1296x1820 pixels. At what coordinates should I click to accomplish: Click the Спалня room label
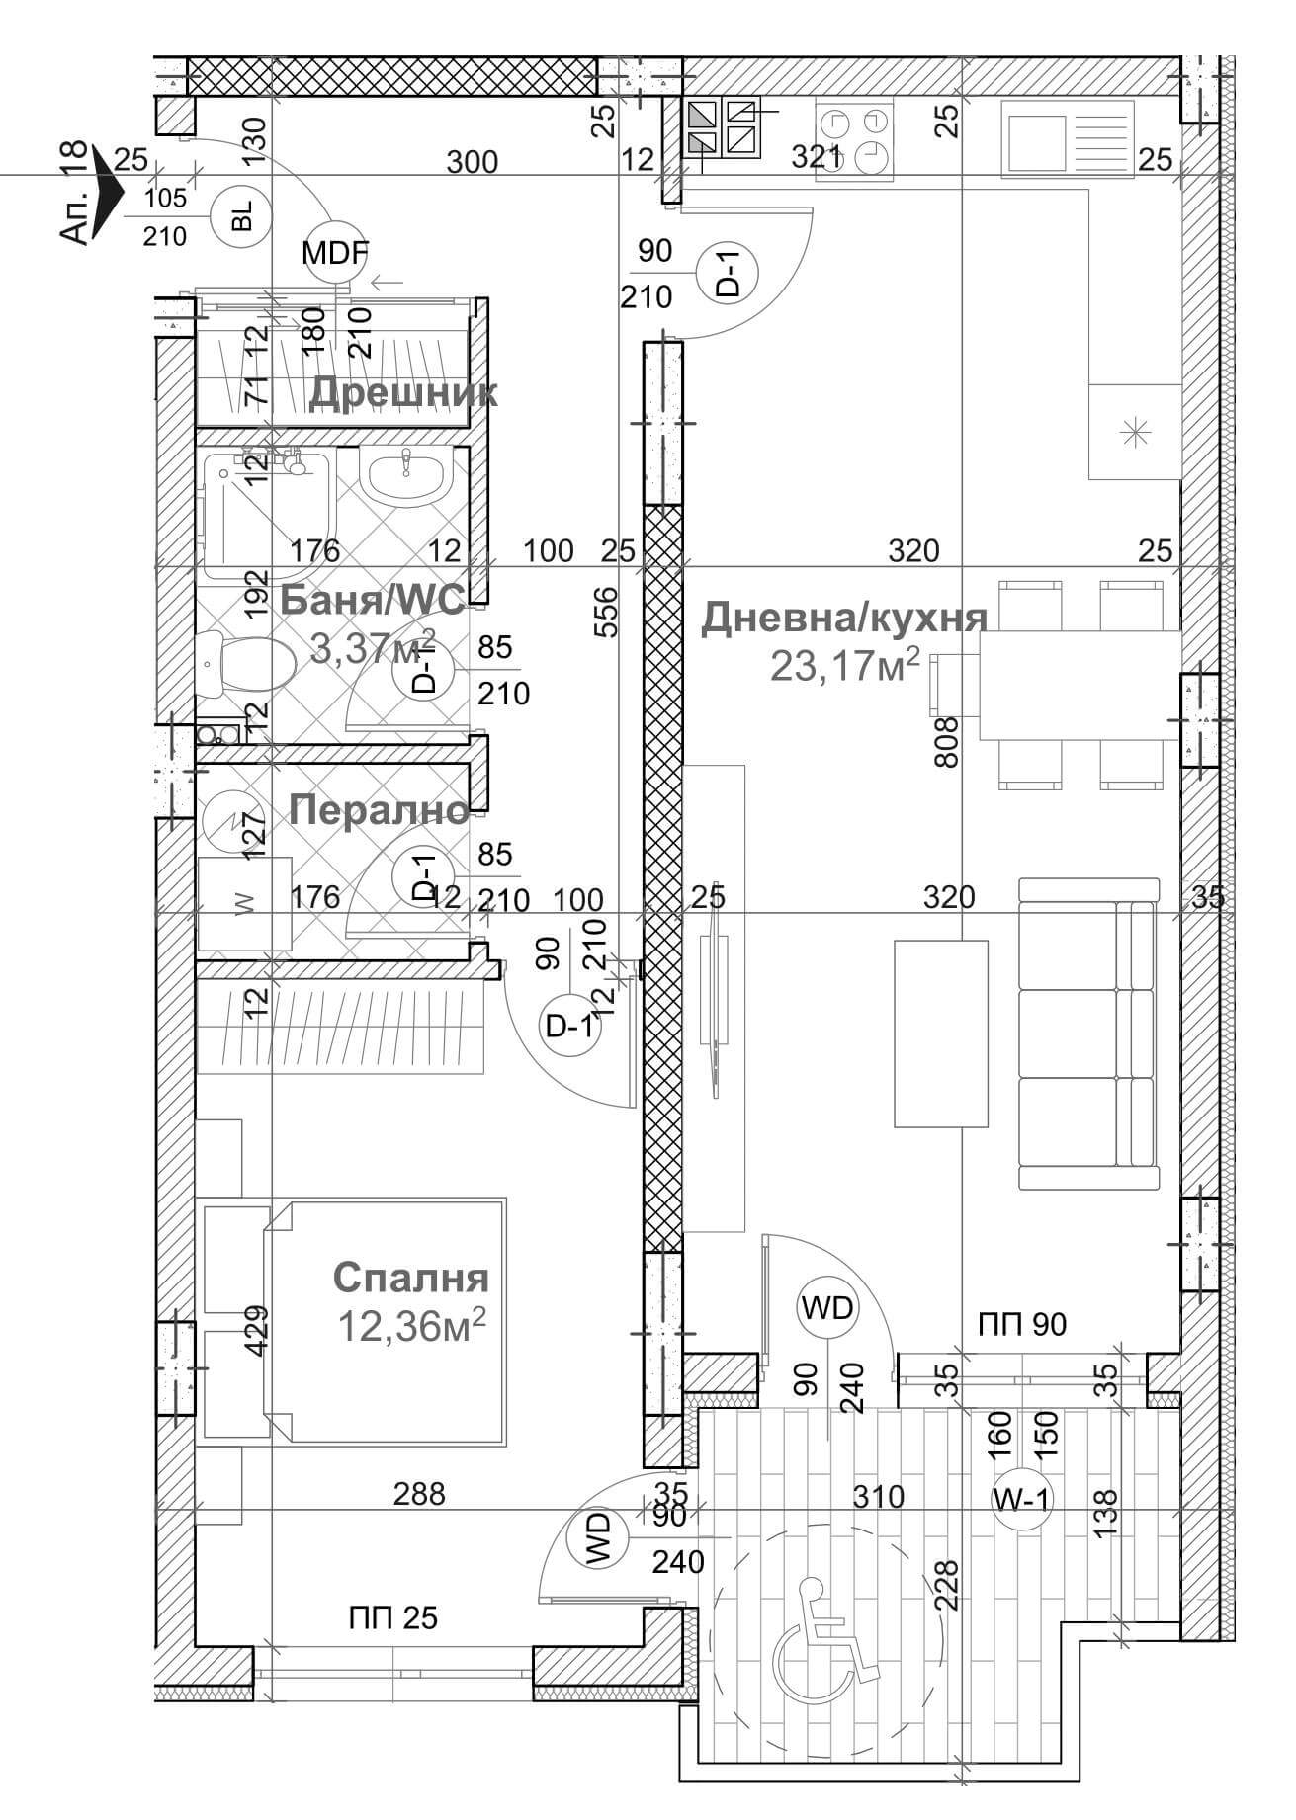pos(410,1277)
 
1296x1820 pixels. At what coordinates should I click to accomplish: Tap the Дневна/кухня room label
pos(844,618)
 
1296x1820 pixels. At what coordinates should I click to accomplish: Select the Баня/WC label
pos(372,600)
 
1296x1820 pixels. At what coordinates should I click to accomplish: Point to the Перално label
pos(379,810)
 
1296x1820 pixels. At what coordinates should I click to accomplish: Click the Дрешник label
pos(403,392)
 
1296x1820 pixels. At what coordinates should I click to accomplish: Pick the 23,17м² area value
pos(845,665)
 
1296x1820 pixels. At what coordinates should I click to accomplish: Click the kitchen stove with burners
pos(853,139)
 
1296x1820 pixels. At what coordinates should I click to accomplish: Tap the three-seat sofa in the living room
pos(1087,1033)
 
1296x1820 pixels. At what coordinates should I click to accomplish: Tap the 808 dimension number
pos(946,742)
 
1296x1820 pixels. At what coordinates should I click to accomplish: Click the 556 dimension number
pos(608,613)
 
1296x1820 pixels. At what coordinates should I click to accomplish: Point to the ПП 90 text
pos(1022,1323)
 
